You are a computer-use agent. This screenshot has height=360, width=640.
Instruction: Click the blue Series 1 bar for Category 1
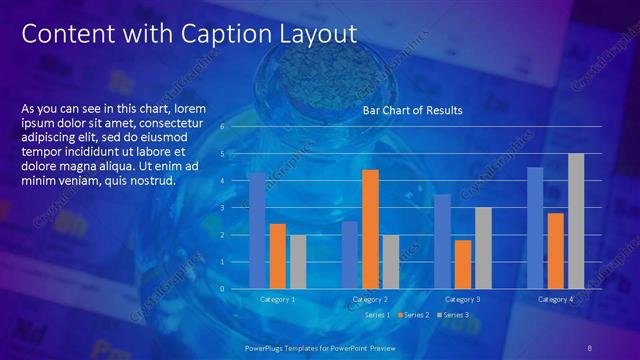257,231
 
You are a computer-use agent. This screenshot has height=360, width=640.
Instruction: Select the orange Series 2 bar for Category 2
370,229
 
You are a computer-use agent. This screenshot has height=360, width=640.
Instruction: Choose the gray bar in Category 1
298,262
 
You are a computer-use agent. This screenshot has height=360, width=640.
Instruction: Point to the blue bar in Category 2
349,255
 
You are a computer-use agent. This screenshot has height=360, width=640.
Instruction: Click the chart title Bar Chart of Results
412,110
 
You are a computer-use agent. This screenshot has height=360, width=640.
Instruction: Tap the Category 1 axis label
277,299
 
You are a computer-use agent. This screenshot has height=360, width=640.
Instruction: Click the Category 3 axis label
463,299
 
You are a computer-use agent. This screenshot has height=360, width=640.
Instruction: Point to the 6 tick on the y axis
236,127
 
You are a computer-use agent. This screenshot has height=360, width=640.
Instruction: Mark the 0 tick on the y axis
236,289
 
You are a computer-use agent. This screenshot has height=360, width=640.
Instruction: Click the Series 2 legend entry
414,315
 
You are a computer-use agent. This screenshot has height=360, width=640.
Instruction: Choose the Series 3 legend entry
453,315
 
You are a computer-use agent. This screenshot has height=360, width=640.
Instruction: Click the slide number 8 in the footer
590,347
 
